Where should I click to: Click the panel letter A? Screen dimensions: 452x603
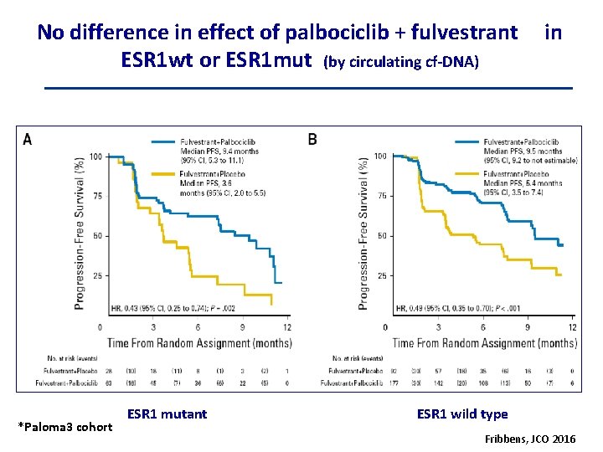click(x=28, y=140)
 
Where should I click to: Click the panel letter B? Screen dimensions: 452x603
click(x=312, y=139)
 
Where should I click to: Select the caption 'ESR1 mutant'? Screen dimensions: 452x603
click(x=167, y=413)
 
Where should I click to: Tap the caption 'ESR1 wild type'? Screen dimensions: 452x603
click(x=461, y=413)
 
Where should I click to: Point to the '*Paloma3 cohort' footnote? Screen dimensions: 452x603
click(x=64, y=427)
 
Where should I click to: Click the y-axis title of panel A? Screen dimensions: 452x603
click(x=80, y=232)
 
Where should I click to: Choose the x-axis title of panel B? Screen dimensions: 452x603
click(x=484, y=343)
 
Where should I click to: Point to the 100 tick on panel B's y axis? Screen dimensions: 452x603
click(x=379, y=157)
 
